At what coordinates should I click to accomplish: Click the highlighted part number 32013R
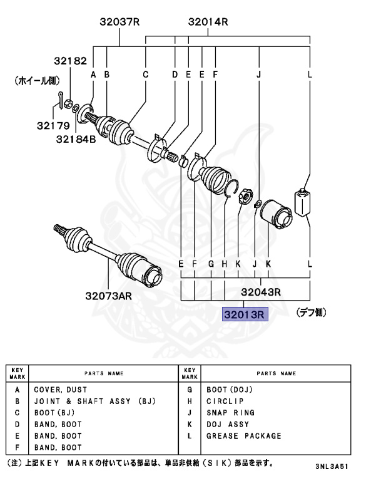245,314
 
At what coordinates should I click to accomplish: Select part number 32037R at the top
119,23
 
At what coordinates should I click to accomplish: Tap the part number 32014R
208,23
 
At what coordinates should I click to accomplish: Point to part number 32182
69,61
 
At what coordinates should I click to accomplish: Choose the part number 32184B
76,138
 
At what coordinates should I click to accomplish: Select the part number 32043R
260,291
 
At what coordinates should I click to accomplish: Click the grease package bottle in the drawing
303,202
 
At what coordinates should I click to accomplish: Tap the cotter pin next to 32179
58,100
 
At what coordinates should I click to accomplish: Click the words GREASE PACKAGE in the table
244,436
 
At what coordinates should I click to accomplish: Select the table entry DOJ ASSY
228,425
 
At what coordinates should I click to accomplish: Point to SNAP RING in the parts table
230,413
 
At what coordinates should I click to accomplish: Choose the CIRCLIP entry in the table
225,401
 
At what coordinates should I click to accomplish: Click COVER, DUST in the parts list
60,390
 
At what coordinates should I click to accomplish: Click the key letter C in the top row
145,75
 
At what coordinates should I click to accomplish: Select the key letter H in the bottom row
224,264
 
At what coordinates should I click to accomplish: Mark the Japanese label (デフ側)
311,313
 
